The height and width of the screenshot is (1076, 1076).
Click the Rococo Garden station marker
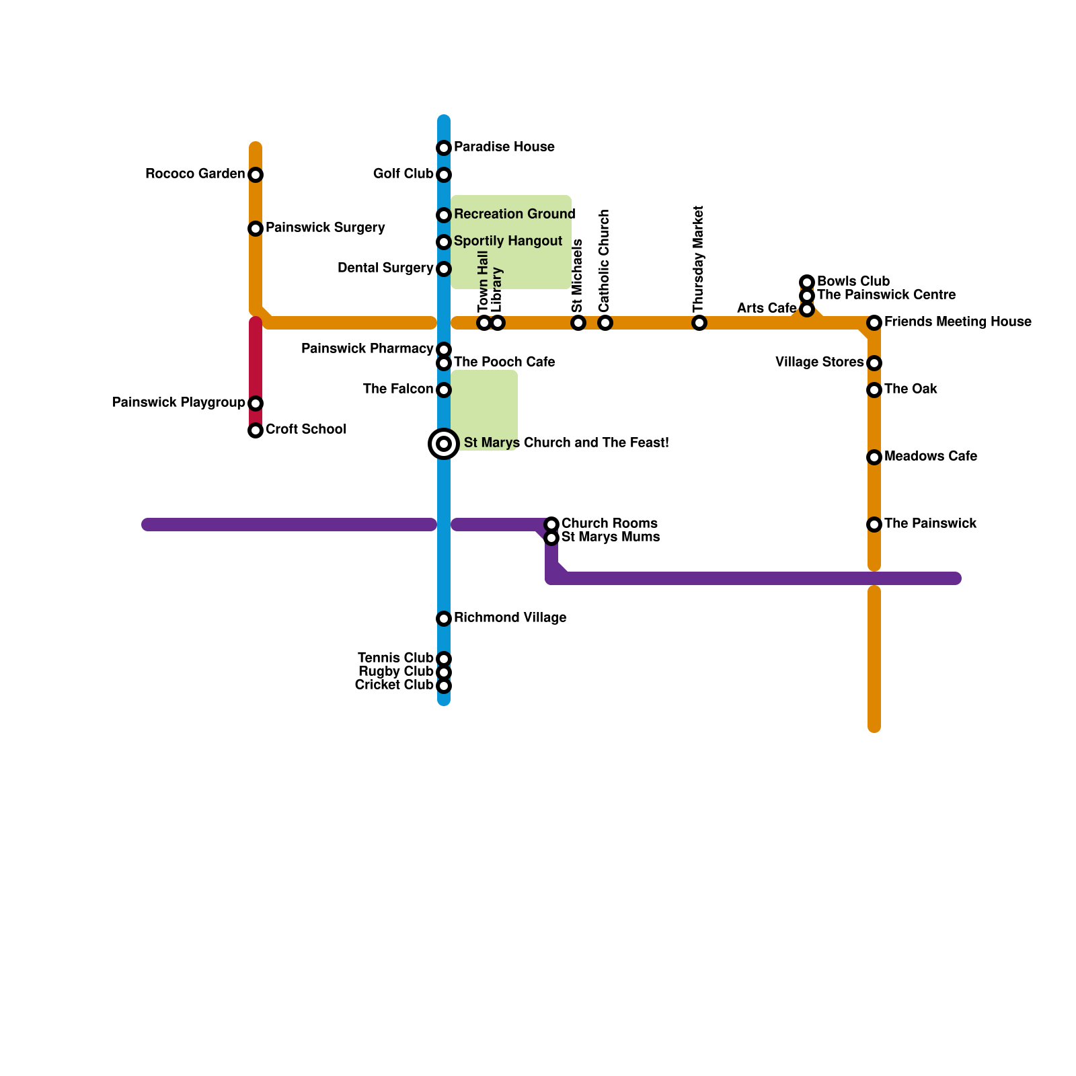[x=256, y=175]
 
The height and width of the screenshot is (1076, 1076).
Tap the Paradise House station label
[x=504, y=147]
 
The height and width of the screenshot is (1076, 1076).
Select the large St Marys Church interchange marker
[x=444, y=444]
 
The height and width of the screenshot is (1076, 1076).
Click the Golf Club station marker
[x=444, y=175]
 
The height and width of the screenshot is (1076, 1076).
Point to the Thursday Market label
[x=699, y=259]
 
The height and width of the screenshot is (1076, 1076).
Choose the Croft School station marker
[x=256, y=430]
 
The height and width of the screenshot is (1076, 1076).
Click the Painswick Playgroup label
[x=178, y=402]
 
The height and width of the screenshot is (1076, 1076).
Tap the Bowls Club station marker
[x=807, y=282]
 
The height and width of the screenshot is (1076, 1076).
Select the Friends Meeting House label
[x=957, y=321]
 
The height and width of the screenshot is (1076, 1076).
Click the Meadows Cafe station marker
[x=874, y=457]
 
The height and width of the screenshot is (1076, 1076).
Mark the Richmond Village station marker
[x=444, y=619]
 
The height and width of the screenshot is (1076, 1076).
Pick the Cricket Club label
[x=394, y=685]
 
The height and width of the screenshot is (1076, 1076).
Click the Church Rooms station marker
[x=551, y=525]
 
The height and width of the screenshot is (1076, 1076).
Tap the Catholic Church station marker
[x=605, y=323]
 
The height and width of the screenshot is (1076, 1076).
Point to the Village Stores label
[x=819, y=362]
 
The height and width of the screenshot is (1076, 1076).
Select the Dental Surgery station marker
[x=444, y=269]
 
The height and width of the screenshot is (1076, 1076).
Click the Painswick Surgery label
[x=325, y=227]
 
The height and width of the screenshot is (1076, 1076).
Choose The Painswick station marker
[x=874, y=525]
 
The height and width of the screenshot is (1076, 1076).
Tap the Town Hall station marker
[x=484, y=323]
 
